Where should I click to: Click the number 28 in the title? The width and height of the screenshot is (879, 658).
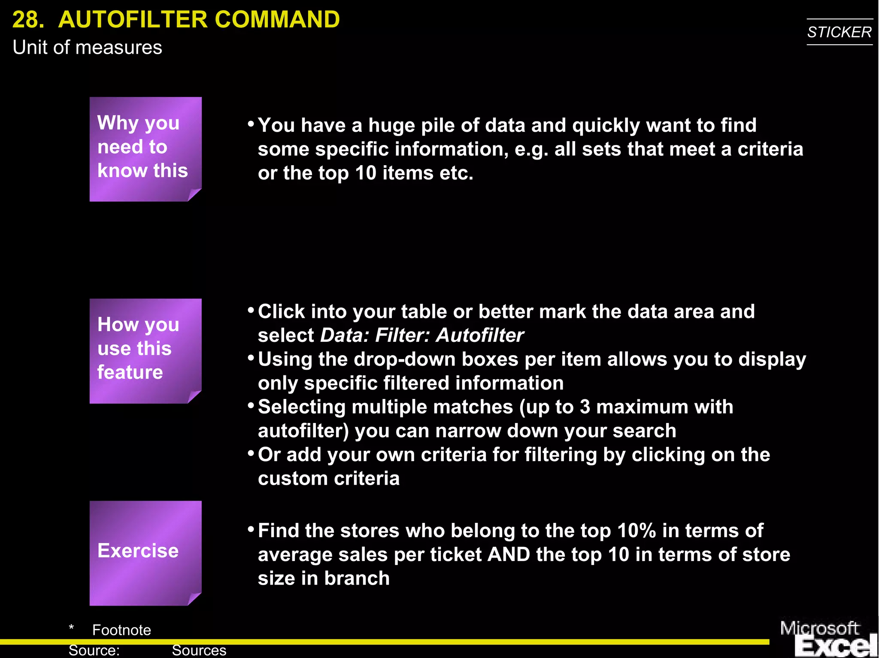click(x=27, y=20)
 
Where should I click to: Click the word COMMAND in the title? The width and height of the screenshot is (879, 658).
click(x=277, y=20)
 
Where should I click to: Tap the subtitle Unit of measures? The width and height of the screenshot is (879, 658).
click(x=87, y=48)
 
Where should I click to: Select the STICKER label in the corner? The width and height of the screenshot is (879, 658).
click(x=839, y=32)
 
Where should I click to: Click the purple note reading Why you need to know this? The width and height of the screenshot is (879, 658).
click(x=145, y=149)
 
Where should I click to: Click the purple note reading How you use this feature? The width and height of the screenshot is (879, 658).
click(x=145, y=350)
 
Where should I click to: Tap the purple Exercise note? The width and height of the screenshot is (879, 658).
click(x=145, y=552)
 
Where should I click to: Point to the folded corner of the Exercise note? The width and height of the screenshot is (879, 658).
click(x=194, y=599)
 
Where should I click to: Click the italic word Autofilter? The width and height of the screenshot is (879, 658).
click(x=479, y=335)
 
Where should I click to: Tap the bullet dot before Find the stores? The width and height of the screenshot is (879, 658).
click(x=251, y=529)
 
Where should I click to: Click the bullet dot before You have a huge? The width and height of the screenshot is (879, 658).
click(x=251, y=124)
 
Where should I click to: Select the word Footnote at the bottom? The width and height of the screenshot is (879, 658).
click(x=121, y=630)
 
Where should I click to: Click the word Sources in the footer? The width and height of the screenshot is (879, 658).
click(x=199, y=650)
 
